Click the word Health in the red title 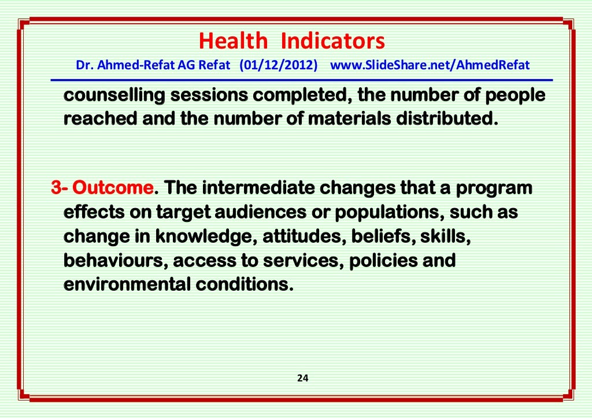(x=233, y=42)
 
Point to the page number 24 (x=302, y=379)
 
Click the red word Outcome (x=114, y=188)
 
